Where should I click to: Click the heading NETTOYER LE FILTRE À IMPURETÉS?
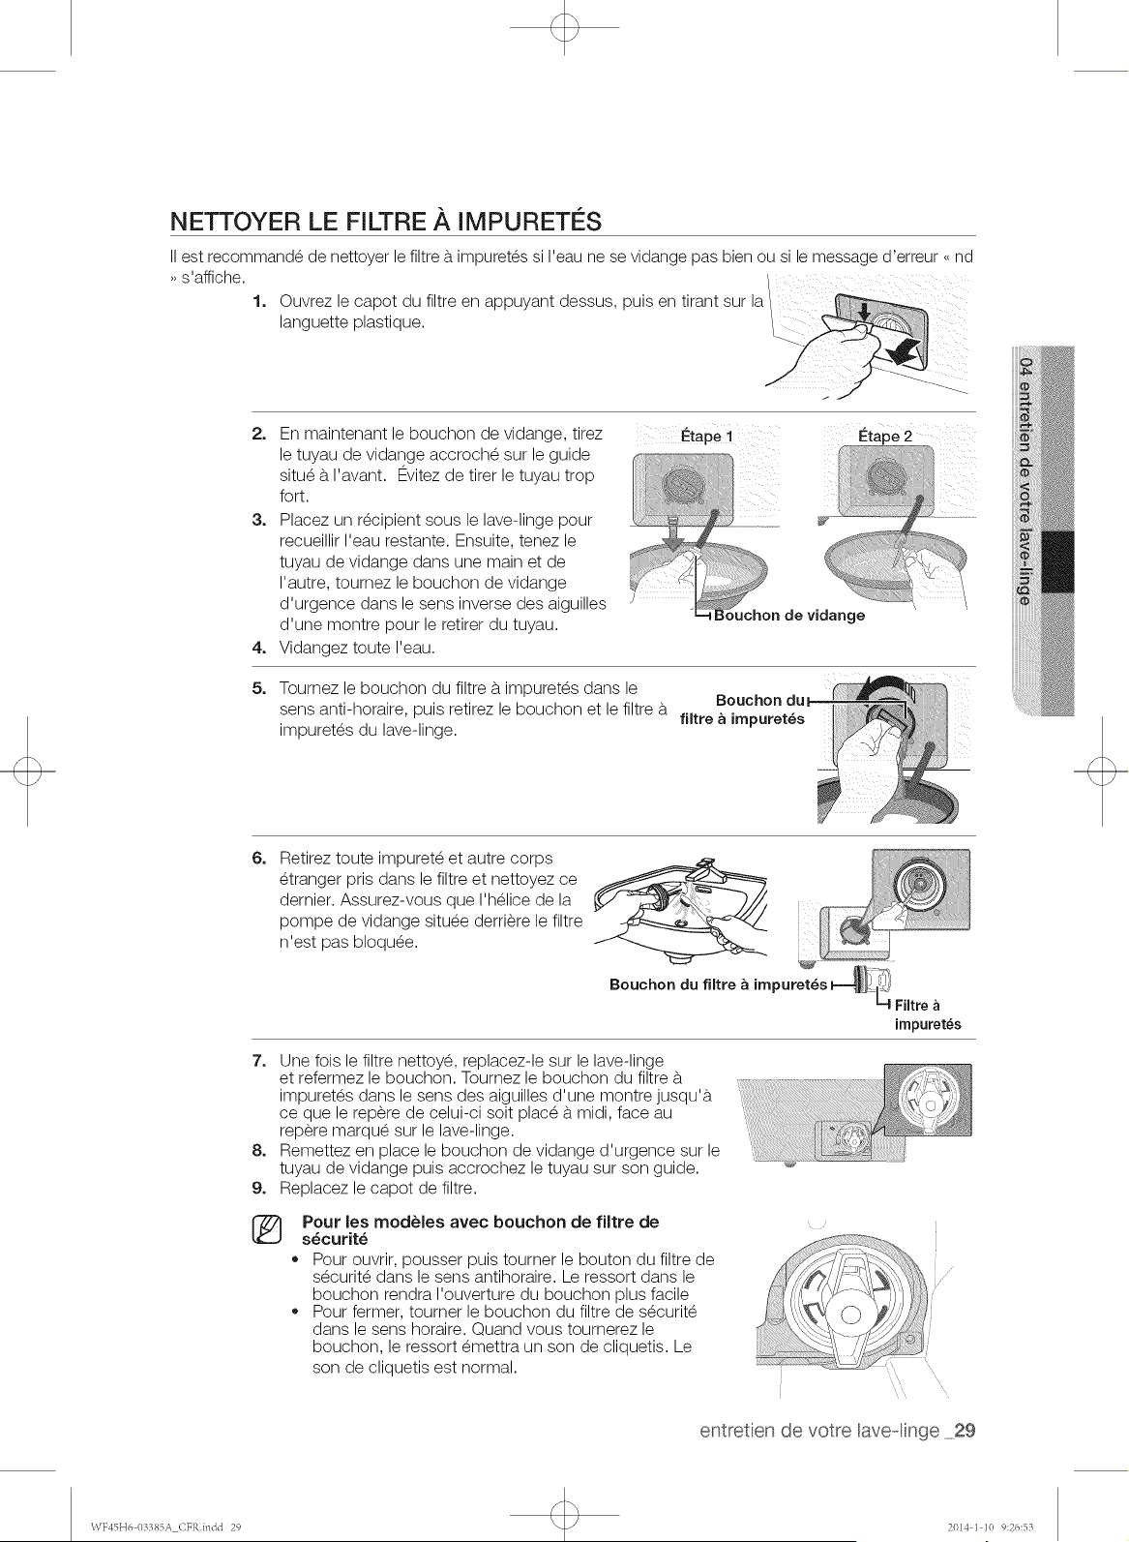click(x=385, y=222)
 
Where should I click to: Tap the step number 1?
click(x=258, y=301)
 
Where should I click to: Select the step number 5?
click(x=258, y=688)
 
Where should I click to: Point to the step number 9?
click(x=258, y=1188)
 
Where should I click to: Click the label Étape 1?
click(x=706, y=437)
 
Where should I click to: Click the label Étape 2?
click(x=885, y=437)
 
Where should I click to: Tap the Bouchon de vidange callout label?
click(x=789, y=616)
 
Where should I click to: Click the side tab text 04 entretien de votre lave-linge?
click(x=1025, y=482)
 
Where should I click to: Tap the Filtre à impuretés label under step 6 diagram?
click(x=928, y=1014)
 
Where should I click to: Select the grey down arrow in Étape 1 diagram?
click(x=673, y=533)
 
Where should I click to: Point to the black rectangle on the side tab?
click(x=1057, y=561)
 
